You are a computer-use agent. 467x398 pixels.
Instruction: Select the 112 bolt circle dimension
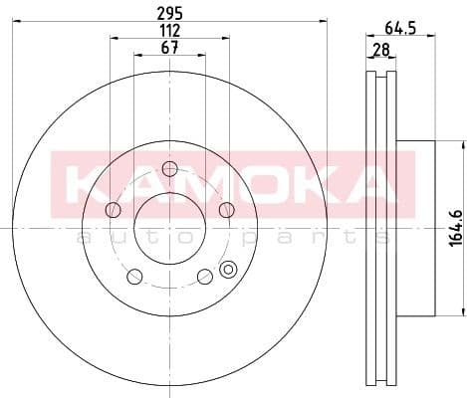[x=169, y=31]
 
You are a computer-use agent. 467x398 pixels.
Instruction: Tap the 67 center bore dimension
[x=169, y=49]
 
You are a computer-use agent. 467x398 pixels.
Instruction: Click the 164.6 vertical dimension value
[x=452, y=227]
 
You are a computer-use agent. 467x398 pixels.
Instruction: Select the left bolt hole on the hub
[x=113, y=209]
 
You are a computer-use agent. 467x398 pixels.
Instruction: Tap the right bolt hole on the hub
[x=226, y=209]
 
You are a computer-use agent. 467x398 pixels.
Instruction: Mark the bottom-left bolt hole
[x=134, y=276]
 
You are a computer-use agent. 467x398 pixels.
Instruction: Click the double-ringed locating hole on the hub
[x=229, y=268]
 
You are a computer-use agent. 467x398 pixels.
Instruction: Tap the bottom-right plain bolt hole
[x=204, y=276]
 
